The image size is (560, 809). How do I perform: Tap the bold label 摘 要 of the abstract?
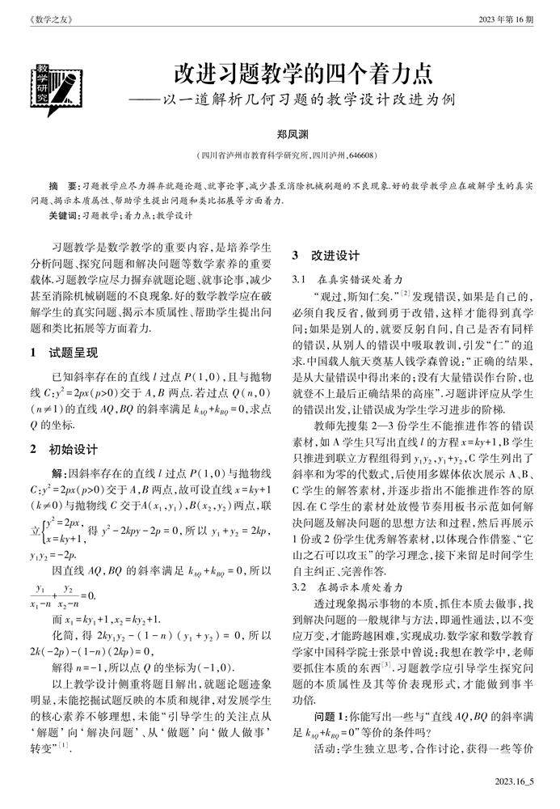(64, 186)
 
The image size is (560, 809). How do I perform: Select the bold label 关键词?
(63, 216)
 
